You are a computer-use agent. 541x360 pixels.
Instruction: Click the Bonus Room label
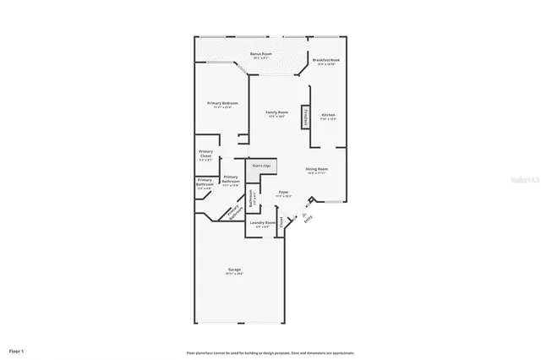tap(260, 54)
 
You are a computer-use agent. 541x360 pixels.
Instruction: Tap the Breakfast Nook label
tap(325, 60)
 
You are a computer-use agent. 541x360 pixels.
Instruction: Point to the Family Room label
tap(277, 112)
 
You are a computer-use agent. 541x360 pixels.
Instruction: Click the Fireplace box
tap(304, 117)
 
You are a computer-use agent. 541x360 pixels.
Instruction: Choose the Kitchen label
tap(328, 115)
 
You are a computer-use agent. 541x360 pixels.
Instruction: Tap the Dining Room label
tap(317, 169)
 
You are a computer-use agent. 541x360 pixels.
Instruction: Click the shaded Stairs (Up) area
tap(261, 166)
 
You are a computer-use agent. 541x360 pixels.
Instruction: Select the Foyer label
tap(284, 193)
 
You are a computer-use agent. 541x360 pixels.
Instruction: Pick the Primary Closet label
tap(205, 153)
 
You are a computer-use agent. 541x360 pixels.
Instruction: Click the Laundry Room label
tap(262, 223)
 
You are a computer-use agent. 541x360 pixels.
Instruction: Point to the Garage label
tap(233, 270)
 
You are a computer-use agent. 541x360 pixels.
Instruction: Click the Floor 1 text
tap(17, 350)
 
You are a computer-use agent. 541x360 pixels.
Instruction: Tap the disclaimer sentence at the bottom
tap(270, 352)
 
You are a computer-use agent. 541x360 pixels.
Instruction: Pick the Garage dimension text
tap(233, 274)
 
